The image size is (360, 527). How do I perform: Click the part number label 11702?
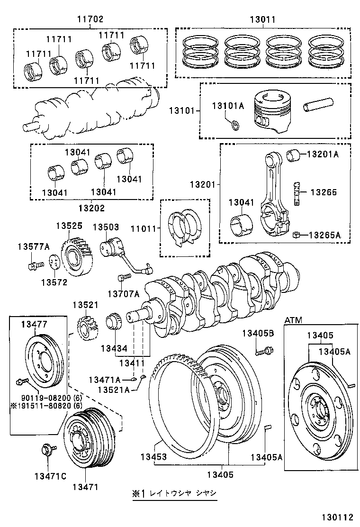click(x=90, y=19)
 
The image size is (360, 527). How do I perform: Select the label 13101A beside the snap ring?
click(x=227, y=106)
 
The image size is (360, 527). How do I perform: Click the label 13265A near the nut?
click(x=324, y=235)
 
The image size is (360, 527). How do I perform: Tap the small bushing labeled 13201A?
click(x=293, y=154)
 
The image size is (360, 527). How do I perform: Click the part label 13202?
click(x=91, y=208)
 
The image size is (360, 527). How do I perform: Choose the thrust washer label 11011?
click(x=144, y=229)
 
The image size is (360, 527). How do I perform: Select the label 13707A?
click(x=123, y=294)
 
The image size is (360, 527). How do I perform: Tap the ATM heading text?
click(x=293, y=320)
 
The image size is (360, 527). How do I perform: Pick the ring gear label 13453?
click(x=153, y=457)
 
